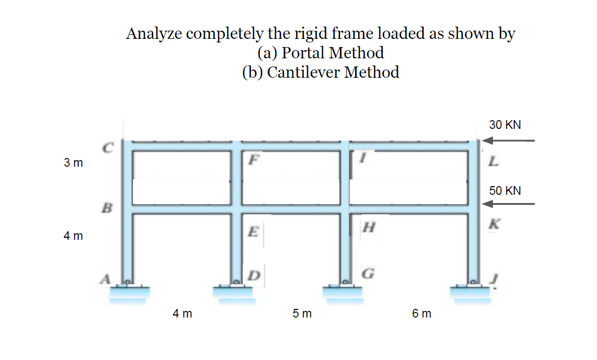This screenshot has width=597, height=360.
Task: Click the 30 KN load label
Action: (x=504, y=125)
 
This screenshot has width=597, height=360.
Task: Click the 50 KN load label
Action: (x=504, y=191)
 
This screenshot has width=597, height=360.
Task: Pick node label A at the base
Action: (x=106, y=279)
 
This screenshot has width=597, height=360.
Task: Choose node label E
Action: (x=251, y=231)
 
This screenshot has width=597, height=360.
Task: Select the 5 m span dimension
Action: (x=302, y=313)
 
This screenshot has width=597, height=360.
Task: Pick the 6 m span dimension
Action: (x=421, y=313)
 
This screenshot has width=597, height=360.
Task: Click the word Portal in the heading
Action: (x=305, y=53)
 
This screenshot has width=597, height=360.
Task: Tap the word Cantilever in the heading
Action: (x=303, y=72)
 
